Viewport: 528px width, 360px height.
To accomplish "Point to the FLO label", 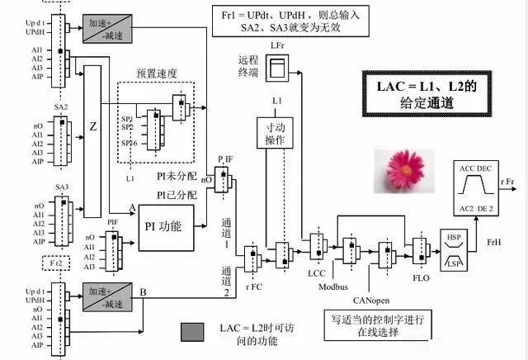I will click(422, 278).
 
